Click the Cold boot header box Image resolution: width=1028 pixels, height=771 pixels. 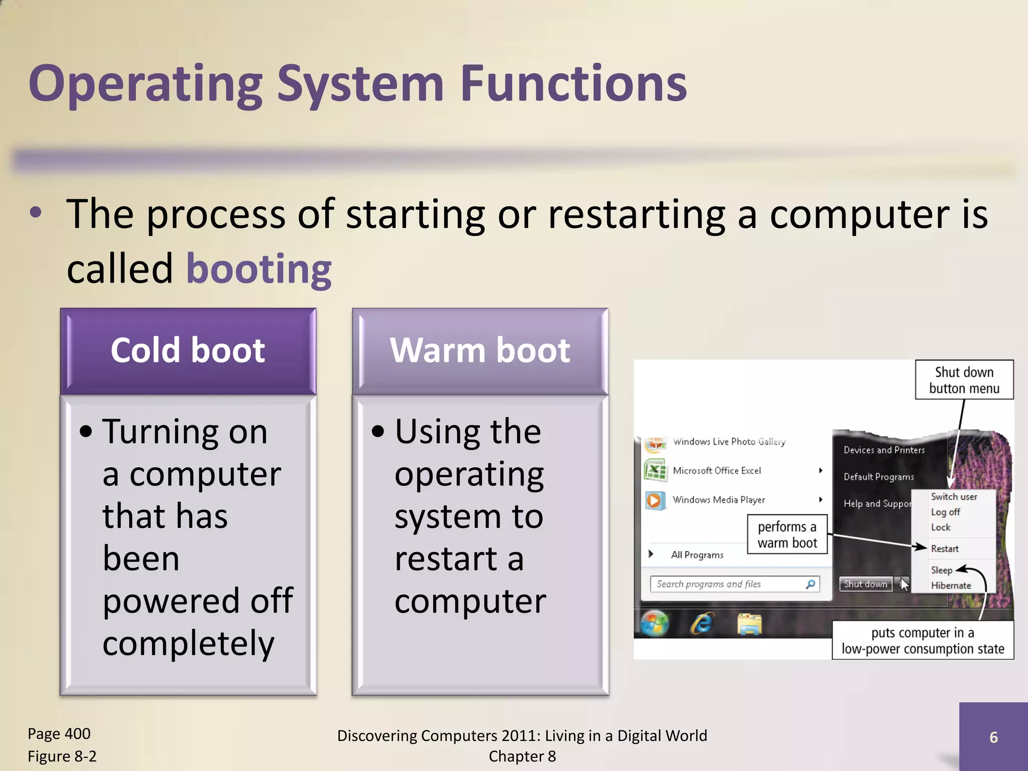(188, 350)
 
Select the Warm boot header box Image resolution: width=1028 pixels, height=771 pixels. (480, 350)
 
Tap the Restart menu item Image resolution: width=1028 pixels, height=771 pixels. (945, 549)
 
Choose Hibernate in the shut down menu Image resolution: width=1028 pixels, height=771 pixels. (951, 585)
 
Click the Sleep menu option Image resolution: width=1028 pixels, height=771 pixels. (941, 570)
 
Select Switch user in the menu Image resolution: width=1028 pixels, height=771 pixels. (954, 496)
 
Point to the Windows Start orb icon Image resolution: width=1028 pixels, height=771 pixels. (655, 624)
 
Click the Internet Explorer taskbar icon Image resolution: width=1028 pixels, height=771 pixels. (702, 624)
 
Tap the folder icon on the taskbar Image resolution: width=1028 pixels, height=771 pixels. (749, 624)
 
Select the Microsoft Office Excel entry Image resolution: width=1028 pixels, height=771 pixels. (717, 471)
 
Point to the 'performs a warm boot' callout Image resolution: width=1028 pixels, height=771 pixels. (787, 535)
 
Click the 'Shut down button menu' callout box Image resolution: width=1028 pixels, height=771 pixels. (964, 380)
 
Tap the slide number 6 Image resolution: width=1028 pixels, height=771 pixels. (993, 737)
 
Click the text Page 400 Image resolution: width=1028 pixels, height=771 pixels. (59, 734)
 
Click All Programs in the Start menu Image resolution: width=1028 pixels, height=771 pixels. (697, 555)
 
